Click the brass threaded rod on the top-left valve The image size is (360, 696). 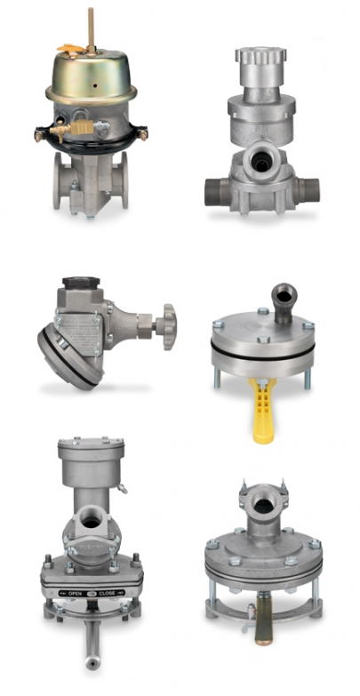pos(92,27)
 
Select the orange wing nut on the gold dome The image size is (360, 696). pos(70,49)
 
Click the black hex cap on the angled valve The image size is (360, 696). pos(81,283)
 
